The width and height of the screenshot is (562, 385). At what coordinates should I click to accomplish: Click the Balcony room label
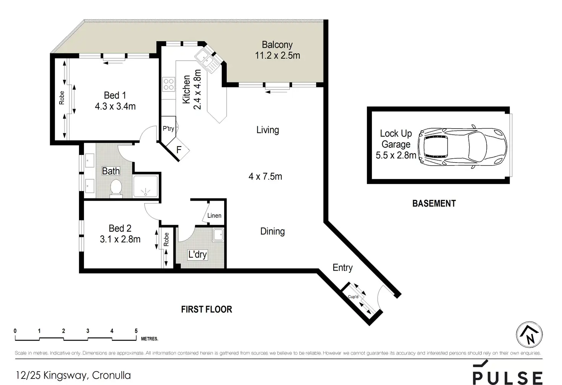(277, 45)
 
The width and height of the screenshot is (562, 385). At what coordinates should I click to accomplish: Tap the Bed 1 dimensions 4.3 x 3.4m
(115, 106)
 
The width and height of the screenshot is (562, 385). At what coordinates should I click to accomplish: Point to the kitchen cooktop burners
(168, 84)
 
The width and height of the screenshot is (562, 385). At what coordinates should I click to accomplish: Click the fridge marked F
(179, 150)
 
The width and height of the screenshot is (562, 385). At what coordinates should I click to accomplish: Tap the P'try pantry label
(168, 129)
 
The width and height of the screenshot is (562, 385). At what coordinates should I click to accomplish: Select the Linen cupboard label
(214, 216)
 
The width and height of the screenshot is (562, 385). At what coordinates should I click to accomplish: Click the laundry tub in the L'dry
(218, 235)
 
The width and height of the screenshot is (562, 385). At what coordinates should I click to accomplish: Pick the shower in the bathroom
(145, 187)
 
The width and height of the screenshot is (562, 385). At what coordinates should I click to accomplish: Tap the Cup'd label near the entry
(353, 296)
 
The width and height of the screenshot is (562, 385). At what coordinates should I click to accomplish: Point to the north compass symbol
(529, 335)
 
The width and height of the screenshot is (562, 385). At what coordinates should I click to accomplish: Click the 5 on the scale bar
(136, 331)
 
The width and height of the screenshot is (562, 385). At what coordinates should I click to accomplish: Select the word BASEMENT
(434, 203)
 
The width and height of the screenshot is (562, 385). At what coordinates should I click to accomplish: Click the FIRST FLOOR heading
(207, 309)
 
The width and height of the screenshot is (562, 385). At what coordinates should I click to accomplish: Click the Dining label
(272, 231)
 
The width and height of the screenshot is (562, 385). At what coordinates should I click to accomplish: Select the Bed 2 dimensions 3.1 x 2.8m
(120, 239)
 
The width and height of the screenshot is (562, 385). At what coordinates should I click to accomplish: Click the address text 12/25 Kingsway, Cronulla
(73, 375)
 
